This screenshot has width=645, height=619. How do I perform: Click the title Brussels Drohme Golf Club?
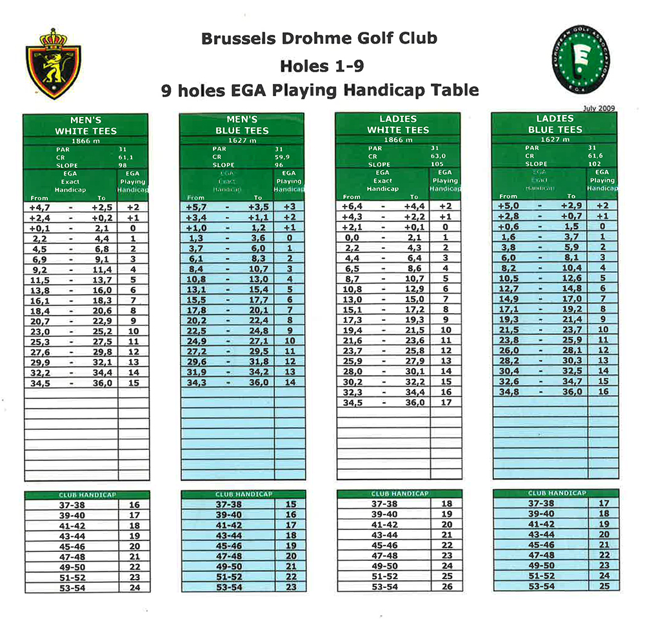[319, 39]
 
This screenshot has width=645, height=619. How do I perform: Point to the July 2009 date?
[599, 108]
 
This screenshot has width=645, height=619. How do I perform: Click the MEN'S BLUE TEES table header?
[242, 125]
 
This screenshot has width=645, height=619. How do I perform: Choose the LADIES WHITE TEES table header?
[399, 125]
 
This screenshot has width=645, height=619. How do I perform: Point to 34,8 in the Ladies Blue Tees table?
[509, 392]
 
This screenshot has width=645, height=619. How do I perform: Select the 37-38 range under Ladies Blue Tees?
[541, 503]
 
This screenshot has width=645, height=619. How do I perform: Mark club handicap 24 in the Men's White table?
[134, 587]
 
